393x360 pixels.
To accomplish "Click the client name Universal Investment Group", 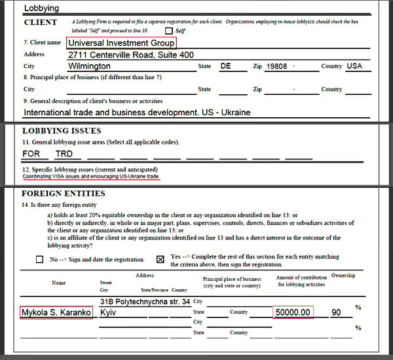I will coord(121,43).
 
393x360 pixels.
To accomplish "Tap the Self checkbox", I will coord(169,31).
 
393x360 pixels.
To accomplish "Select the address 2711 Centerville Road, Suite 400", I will coord(131,55).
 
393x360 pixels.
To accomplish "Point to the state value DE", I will coord(226,66).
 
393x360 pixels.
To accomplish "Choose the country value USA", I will coord(354,66).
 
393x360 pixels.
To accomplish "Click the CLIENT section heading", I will coord(41,22).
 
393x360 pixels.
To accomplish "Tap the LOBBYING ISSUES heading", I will coord(62,131).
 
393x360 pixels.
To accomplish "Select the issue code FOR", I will coord(31,154).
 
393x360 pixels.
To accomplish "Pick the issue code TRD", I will coord(64,154).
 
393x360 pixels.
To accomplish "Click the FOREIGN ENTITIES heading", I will coord(64,194).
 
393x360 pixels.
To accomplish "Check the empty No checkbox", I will coord(40,259).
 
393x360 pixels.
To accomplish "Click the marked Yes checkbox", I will coord(160,259).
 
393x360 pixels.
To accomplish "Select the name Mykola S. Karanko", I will coord(56,313).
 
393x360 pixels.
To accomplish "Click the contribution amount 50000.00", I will coord(293,313).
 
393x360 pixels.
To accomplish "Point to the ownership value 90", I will coord(337,313).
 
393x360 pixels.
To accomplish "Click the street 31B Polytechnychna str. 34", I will coord(145,302).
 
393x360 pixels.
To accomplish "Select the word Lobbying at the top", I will coord(41,9).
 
